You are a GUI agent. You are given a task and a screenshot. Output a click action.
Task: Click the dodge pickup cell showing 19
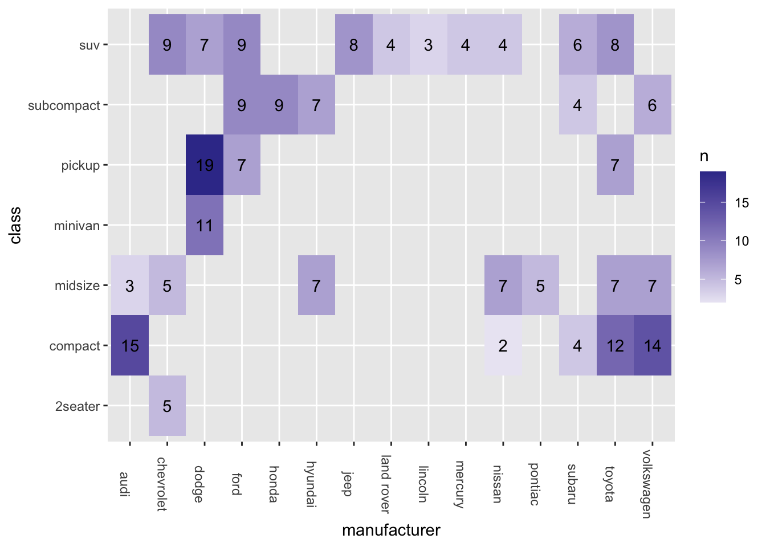click(205, 165)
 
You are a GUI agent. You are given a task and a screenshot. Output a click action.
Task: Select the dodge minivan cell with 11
click(205, 225)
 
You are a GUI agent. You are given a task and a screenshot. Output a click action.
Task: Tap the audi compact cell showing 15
click(130, 345)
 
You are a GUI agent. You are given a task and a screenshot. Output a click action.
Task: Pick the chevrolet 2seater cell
click(167, 406)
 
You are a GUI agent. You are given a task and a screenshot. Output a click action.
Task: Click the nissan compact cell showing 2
click(503, 345)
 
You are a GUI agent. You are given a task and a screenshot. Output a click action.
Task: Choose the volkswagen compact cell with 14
click(653, 345)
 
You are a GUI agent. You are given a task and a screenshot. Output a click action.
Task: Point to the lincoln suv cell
click(429, 44)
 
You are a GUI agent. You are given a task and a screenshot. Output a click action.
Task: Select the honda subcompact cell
click(279, 105)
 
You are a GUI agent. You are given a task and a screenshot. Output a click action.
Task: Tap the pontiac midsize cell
click(540, 285)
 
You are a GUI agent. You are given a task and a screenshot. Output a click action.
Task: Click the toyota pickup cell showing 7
click(615, 165)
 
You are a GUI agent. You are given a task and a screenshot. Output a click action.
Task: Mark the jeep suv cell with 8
click(354, 44)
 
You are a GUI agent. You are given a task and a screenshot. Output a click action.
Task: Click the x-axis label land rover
click(385, 484)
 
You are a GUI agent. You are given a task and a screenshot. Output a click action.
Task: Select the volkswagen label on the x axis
click(647, 484)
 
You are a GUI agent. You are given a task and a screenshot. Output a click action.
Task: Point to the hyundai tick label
click(311, 484)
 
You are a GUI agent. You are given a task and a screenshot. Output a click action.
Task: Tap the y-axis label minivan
click(77, 226)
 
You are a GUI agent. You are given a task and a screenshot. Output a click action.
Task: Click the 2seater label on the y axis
click(78, 406)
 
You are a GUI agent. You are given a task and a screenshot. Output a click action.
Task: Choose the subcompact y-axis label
click(64, 105)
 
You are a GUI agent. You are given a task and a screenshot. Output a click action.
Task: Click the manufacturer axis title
click(391, 530)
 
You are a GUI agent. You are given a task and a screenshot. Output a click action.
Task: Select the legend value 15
click(741, 203)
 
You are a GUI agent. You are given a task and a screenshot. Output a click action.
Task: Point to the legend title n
click(704, 157)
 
